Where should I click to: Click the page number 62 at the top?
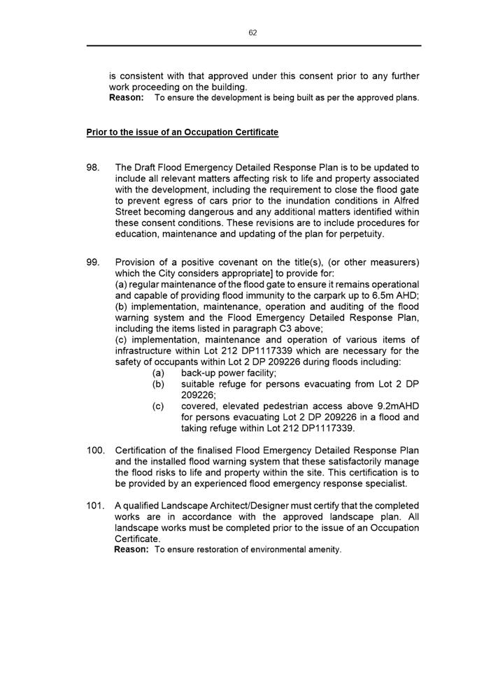coord(252,33)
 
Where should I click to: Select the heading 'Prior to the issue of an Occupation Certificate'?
coord(182,132)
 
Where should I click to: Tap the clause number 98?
coord(93,168)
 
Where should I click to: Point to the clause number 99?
coord(93,262)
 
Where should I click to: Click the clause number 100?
coord(96,450)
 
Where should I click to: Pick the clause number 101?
coord(96,506)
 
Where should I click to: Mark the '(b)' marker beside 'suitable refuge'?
coord(159,384)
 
